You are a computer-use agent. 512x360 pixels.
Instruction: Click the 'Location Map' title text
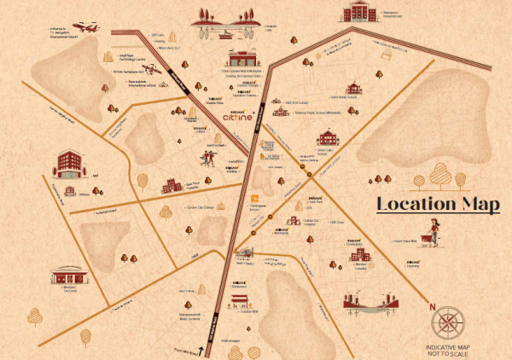439,205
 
